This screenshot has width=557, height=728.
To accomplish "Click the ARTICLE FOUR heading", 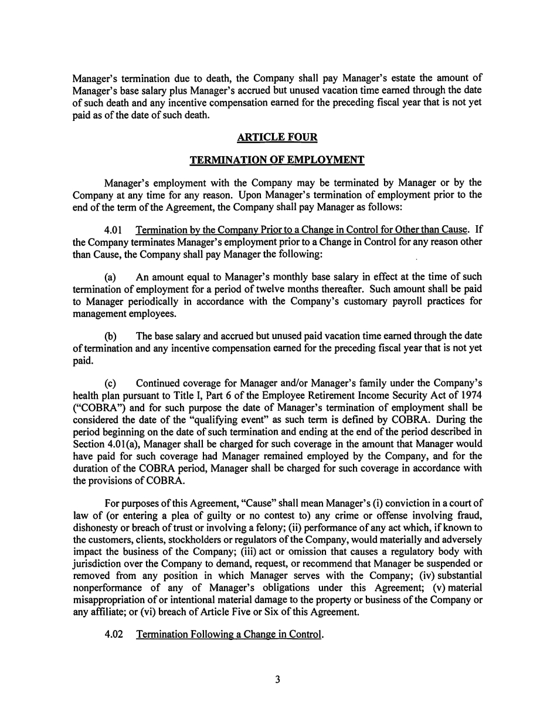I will click(x=277, y=137).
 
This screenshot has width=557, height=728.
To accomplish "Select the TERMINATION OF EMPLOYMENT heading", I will click(x=277, y=160).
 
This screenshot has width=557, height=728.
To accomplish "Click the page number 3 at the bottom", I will click(x=278, y=680).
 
